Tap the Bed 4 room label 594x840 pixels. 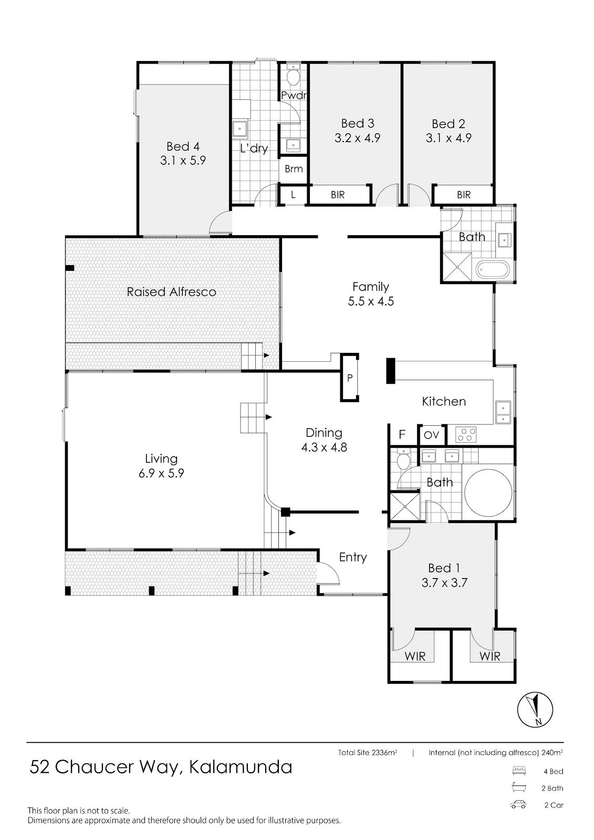(x=183, y=146)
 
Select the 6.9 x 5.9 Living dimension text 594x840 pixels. (x=161, y=473)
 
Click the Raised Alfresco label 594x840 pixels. (x=172, y=292)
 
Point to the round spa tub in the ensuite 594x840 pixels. (x=488, y=492)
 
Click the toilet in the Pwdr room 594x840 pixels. (x=293, y=76)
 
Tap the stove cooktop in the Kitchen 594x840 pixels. (x=466, y=434)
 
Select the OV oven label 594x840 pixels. (x=432, y=435)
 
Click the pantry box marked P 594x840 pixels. (x=350, y=377)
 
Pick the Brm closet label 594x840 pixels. (x=294, y=169)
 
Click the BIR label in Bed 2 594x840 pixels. (x=464, y=195)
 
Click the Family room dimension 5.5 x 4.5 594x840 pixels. (x=371, y=301)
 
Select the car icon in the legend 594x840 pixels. (x=518, y=805)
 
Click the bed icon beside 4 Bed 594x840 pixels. (x=518, y=771)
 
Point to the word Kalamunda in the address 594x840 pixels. (x=241, y=767)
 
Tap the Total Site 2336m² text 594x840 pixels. (x=367, y=752)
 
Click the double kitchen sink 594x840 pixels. (x=503, y=412)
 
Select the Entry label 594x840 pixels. (x=353, y=558)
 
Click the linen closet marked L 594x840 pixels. (x=293, y=195)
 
